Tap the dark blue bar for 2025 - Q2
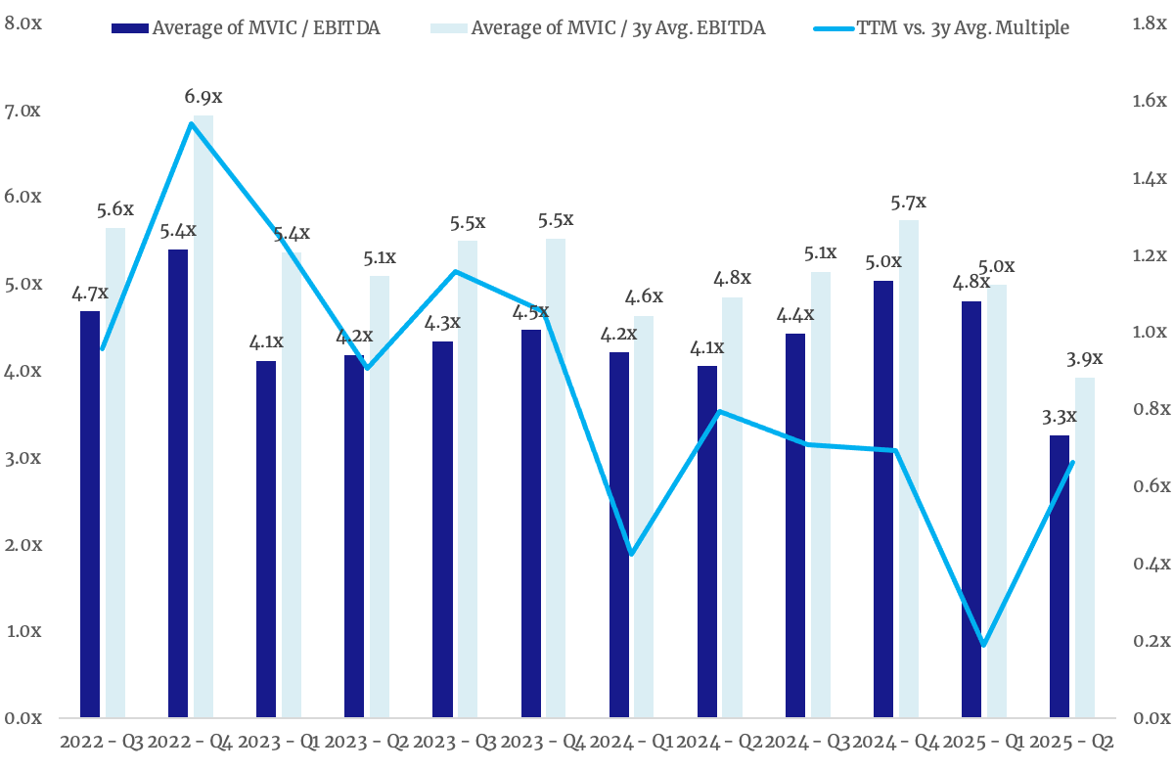coord(1060,576)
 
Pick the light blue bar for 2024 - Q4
coord(909,469)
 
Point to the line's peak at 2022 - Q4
coord(191,123)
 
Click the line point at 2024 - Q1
coord(632,555)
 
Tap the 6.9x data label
coord(203,97)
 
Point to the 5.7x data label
coord(909,202)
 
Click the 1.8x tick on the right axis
coord(1151,23)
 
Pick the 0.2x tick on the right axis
coord(1151,641)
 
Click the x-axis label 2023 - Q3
coord(457,743)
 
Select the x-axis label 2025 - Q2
coord(1073,743)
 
